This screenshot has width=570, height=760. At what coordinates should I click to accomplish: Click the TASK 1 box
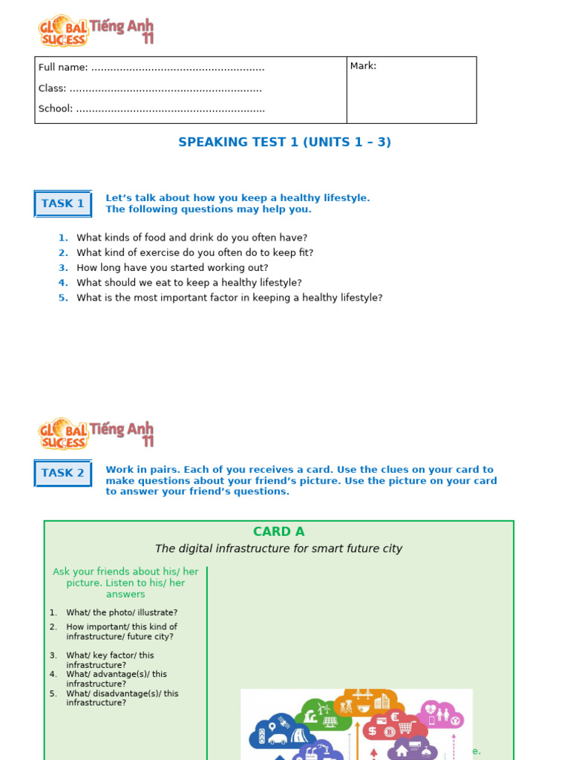[63, 203]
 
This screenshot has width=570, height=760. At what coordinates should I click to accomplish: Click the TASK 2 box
[63, 473]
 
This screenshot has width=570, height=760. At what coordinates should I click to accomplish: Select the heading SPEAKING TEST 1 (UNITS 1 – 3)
[284, 142]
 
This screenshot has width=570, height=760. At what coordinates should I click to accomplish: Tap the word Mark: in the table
[364, 66]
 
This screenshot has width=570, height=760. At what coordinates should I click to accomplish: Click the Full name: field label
[63, 68]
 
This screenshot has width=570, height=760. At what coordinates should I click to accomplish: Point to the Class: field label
[52, 88]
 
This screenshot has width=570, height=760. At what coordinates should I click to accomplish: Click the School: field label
[56, 108]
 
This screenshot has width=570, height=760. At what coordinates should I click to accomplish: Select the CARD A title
[278, 531]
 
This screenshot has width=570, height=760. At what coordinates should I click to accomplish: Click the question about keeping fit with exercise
[194, 252]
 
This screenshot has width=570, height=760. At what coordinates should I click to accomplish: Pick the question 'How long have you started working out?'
[172, 267]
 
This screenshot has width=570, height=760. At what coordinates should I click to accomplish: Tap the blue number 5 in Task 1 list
[63, 298]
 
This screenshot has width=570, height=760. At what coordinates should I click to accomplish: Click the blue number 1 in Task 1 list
[63, 237]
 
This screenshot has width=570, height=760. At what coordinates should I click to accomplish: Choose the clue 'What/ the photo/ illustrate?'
[122, 612]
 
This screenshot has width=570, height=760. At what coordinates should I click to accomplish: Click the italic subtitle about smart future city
[278, 548]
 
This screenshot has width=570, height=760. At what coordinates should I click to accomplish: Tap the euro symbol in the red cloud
[395, 718]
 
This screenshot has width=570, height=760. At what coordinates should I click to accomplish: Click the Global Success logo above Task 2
[96, 433]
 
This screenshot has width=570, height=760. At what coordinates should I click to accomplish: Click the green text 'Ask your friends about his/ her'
[126, 571]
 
